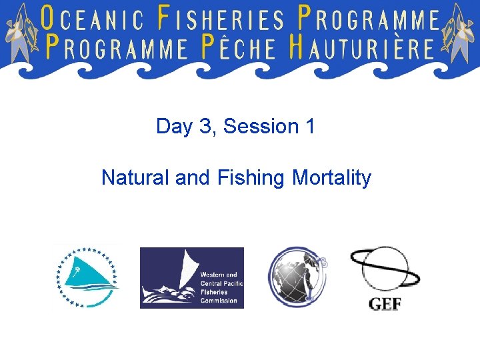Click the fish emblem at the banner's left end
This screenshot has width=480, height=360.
[20, 30]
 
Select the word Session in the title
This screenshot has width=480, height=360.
[253, 126]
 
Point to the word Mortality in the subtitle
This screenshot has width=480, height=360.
[331, 178]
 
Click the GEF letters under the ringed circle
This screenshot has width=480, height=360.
[385, 305]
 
